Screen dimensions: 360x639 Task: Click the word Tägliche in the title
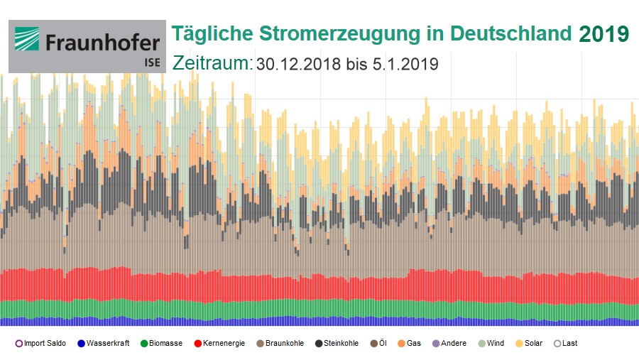tap(209, 34)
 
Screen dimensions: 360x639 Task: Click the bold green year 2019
tap(603, 34)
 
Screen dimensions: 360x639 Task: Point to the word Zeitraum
tap(212, 63)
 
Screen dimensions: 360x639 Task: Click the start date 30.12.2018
tap(300, 64)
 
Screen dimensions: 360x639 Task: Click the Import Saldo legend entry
tap(40, 344)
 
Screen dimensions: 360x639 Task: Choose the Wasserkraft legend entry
tap(104, 344)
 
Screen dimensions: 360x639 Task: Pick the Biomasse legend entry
tap(161, 344)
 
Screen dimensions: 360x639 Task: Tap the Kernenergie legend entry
tap(219, 344)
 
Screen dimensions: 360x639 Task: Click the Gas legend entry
tap(409, 344)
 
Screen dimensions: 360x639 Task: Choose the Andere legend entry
tap(449, 344)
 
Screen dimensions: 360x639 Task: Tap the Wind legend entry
tap(491, 344)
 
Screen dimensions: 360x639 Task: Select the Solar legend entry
tap(529, 344)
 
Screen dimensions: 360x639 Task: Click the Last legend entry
tap(565, 344)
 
